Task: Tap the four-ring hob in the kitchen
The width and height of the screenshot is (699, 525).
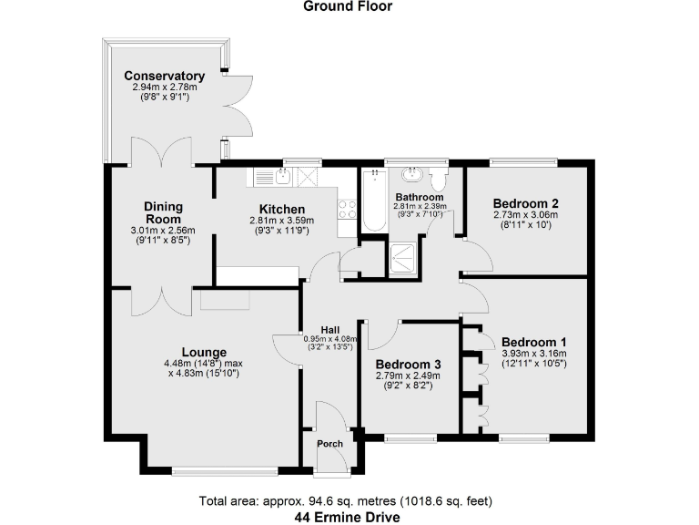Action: (x=347, y=211)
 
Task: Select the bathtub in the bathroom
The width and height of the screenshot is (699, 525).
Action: (x=373, y=201)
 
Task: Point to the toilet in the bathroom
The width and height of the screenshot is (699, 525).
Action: (x=439, y=176)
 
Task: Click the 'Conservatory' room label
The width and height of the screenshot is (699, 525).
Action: (x=165, y=76)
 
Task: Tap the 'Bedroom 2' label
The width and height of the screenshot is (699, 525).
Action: (x=525, y=203)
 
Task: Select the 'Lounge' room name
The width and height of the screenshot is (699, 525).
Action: (x=204, y=352)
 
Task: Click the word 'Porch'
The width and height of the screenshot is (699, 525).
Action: (x=329, y=444)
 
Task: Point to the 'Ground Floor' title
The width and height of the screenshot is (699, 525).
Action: (x=349, y=6)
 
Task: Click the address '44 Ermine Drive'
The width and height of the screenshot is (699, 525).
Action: (x=349, y=516)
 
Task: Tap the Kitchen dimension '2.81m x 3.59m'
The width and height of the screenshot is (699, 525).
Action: (x=281, y=221)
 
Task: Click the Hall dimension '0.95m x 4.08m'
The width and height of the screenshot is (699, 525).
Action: (x=330, y=339)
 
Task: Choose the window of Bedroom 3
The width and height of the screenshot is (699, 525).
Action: (x=410, y=438)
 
